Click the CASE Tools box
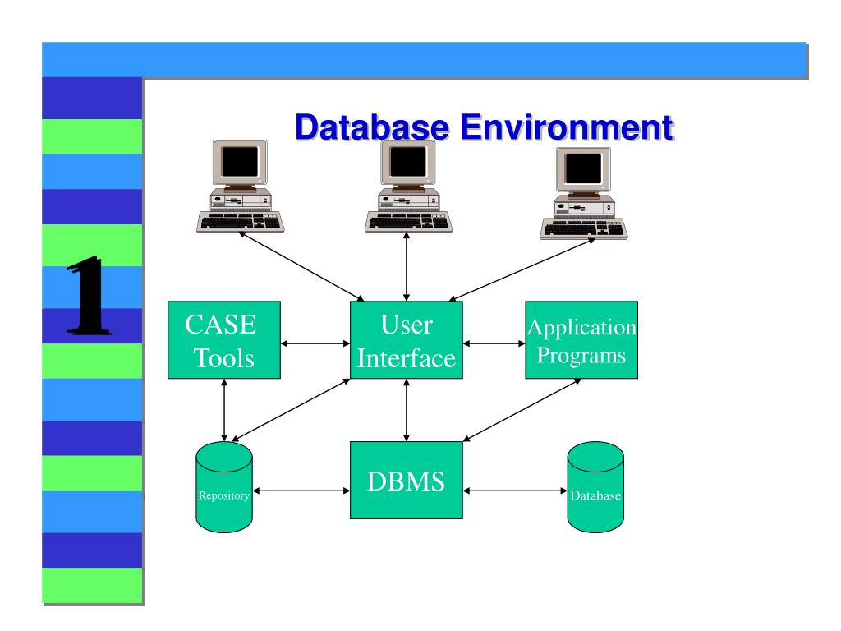pyautogui.click(x=224, y=340)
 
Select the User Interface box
pyautogui.click(x=407, y=340)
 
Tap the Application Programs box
pyautogui.click(x=581, y=340)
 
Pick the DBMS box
pyautogui.click(x=407, y=480)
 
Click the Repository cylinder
pyautogui.click(x=224, y=487)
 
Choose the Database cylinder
pyautogui.click(x=595, y=487)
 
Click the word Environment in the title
pyautogui.click(x=567, y=127)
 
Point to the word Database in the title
pyautogui.click(x=372, y=127)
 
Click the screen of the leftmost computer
pyautogui.click(x=240, y=162)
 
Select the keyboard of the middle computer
pyautogui.click(x=408, y=222)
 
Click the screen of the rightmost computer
pyautogui.click(x=584, y=168)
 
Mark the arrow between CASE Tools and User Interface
pyautogui.click(x=315, y=343)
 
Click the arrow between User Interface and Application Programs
pyautogui.click(x=494, y=343)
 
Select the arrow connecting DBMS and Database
pyautogui.click(x=515, y=491)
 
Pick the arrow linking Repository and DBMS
pyautogui.click(x=301, y=491)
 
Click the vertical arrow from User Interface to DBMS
pyautogui.click(x=407, y=410)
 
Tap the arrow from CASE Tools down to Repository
pyautogui.click(x=224, y=410)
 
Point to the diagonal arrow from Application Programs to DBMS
pyautogui.click(x=522, y=410)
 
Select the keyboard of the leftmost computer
pyautogui.click(x=241, y=222)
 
